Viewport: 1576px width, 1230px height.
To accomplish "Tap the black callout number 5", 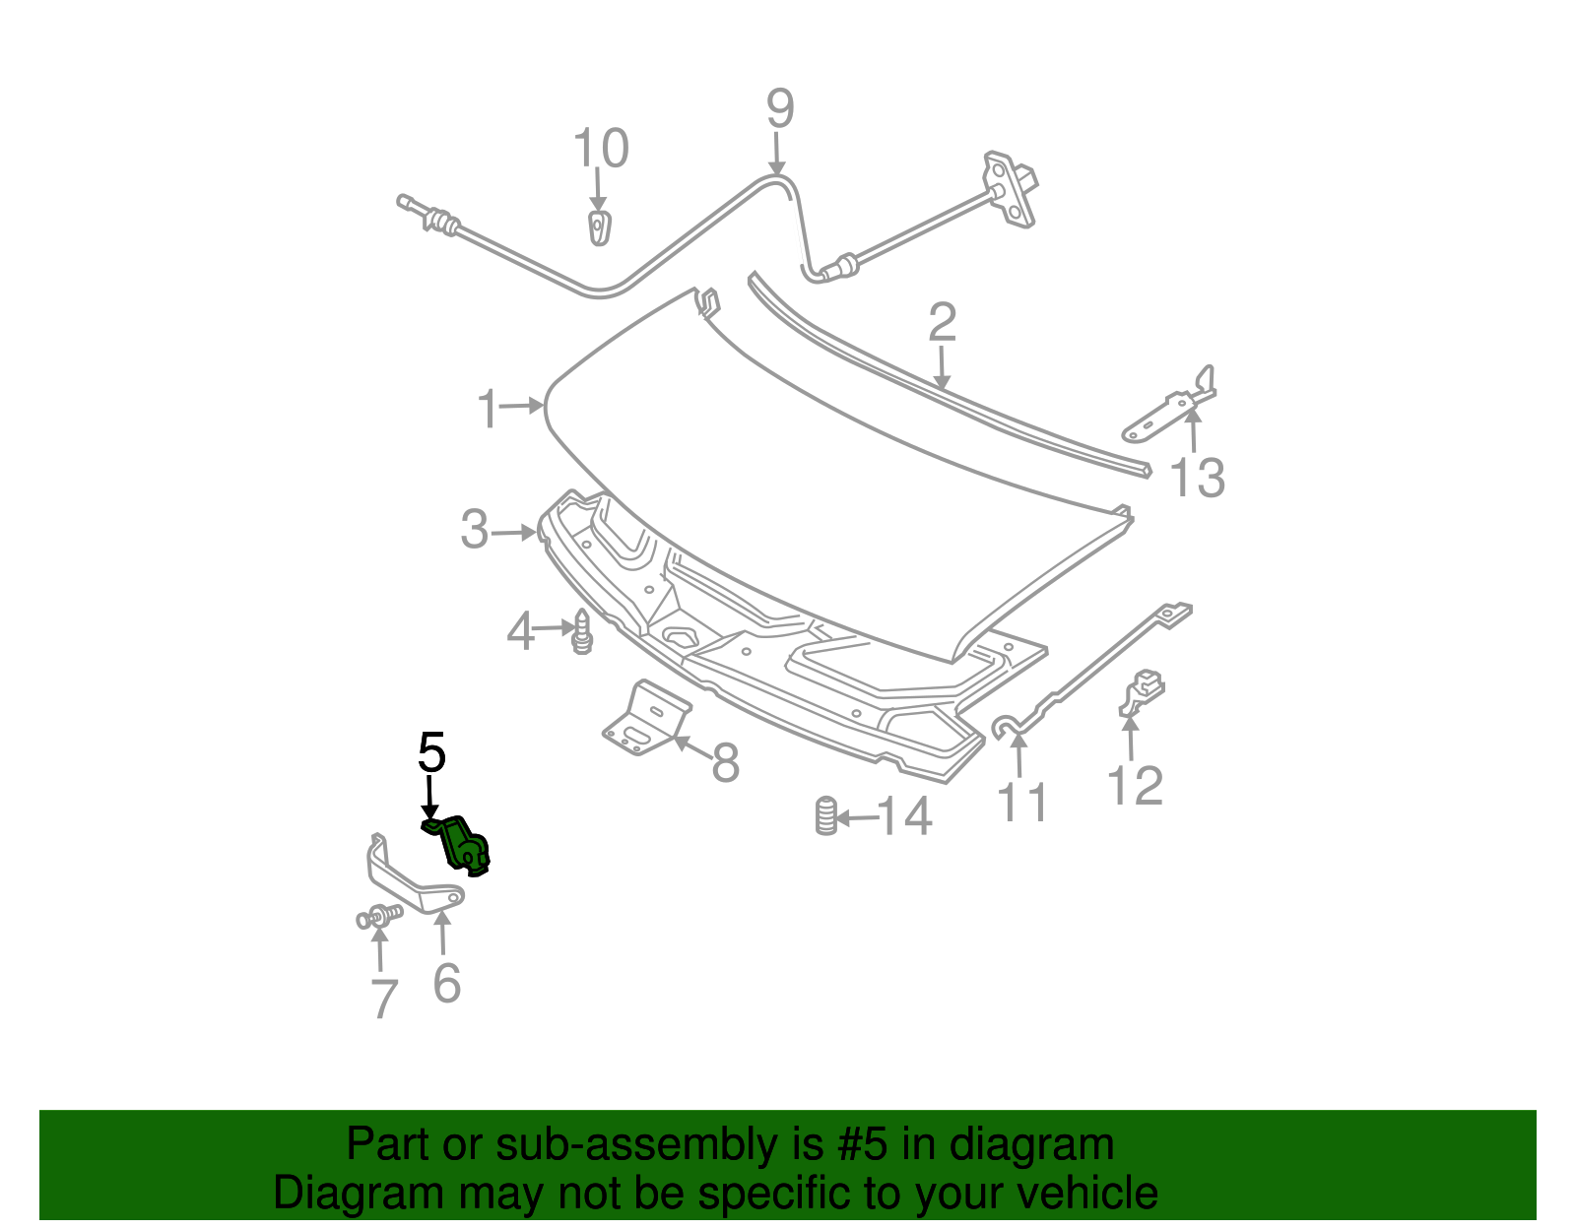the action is point(431,753).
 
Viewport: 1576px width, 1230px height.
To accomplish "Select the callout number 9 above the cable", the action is point(780,108).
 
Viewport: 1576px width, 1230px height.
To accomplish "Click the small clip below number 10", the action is point(599,227).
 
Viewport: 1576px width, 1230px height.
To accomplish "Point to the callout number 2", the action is point(942,323).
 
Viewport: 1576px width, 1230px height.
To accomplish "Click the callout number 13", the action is point(1198,478).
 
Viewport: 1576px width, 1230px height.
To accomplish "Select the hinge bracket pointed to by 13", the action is point(1169,405).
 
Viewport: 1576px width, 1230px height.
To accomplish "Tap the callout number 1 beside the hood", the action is point(489,408).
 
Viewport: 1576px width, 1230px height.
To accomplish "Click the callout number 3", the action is point(475,530).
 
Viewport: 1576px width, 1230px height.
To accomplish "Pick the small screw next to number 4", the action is point(582,631).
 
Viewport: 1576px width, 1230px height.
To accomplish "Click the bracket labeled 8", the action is point(647,718).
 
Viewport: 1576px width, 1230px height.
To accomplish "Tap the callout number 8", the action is point(725,762).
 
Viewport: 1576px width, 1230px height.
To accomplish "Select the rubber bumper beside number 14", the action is point(826,816).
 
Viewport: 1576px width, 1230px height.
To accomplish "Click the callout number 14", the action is point(904,816).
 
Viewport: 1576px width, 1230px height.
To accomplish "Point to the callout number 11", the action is point(1022,802).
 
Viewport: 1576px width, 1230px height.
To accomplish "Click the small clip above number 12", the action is point(1142,691).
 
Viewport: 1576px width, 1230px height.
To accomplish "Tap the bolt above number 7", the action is point(379,916).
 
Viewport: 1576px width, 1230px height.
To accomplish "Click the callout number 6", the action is point(447,983).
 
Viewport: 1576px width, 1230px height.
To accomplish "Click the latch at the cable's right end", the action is point(1011,189).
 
